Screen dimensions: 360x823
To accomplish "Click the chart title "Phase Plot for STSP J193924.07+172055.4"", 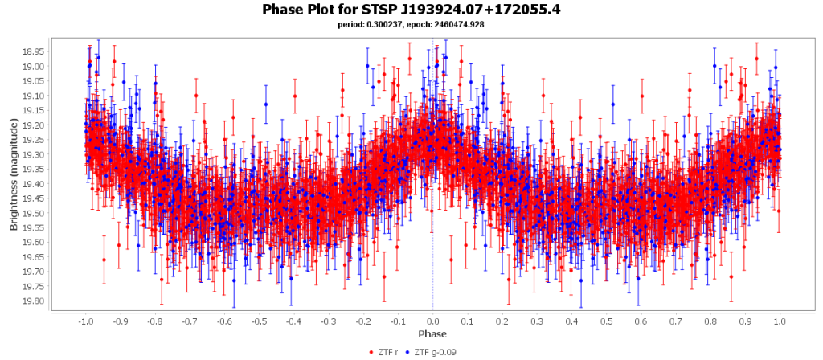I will pyautogui.click(x=411, y=10).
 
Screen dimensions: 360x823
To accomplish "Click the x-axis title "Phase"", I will pyautogui.click(x=432, y=333).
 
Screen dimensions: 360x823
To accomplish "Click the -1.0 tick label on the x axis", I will pyautogui.click(x=84, y=321).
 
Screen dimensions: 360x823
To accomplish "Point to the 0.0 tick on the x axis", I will pyautogui.click(x=432, y=321).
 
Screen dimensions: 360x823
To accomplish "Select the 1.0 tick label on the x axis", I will pyautogui.click(x=780, y=321).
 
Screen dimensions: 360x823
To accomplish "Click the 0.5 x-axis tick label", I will pyautogui.click(x=606, y=321).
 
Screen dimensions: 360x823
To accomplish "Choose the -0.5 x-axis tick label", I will pyautogui.click(x=258, y=321).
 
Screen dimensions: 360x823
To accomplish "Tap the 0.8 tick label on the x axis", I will pyautogui.click(x=710, y=321).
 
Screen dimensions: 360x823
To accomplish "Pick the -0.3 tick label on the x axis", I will pyautogui.click(x=328, y=321).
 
